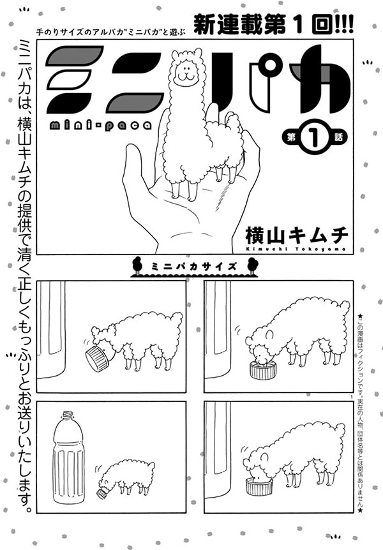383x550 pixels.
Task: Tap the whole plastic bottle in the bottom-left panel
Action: [68, 457]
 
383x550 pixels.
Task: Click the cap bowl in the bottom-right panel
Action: [259, 487]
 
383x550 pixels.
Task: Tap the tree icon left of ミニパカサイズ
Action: [136, 265]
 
